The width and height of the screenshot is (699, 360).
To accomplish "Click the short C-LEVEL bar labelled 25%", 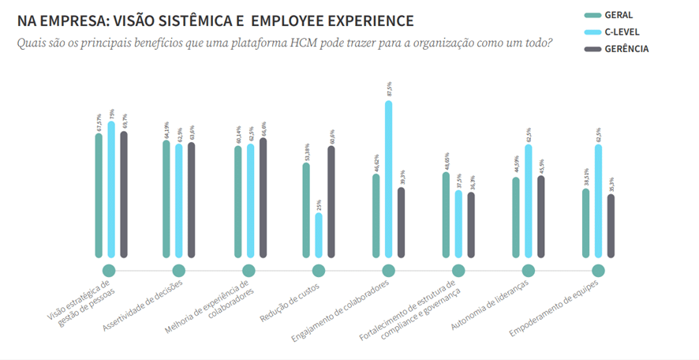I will tap(319, 235).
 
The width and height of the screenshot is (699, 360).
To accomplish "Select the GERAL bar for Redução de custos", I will tap(306, 210).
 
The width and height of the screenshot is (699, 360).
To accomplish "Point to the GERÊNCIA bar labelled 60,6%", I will tap(331, 201).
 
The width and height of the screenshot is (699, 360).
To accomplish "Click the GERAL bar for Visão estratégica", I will tap(99, 195).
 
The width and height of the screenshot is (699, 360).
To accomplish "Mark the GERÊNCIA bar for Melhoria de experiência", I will tap(263, 197).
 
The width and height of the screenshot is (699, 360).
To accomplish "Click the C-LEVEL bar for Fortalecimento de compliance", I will tap(458, 223).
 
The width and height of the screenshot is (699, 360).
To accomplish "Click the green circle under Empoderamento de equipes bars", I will tap(598, 271).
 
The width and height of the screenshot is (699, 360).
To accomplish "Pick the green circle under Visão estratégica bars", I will tap(109, 271).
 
